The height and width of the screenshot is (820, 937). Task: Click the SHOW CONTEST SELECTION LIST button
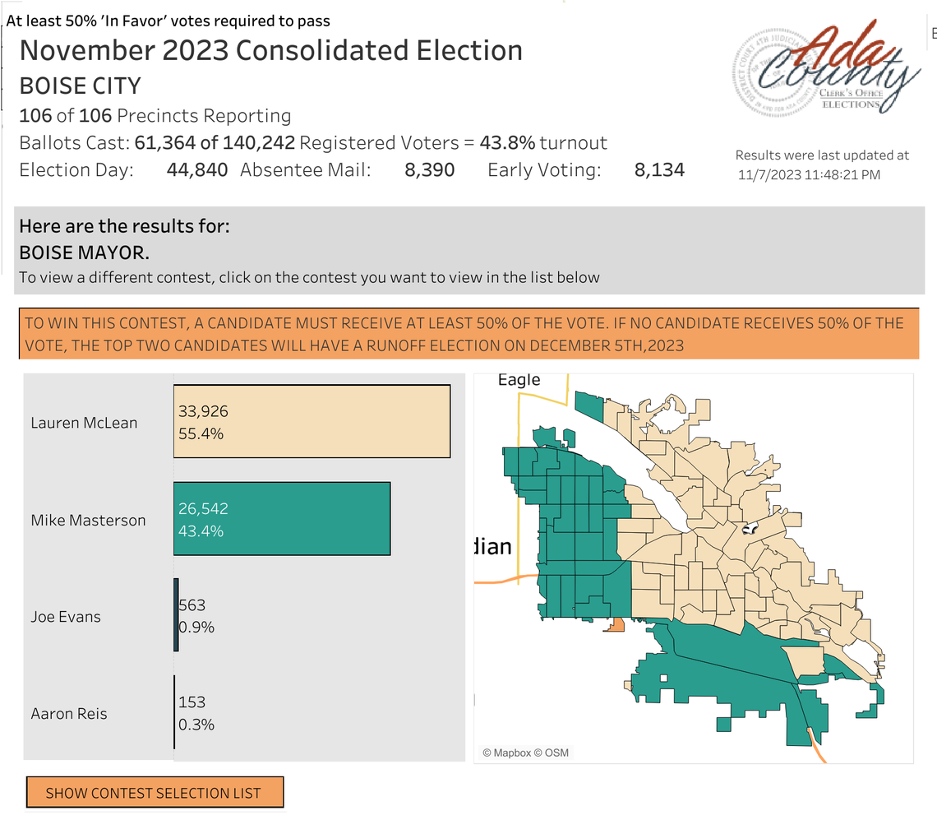[155, 793]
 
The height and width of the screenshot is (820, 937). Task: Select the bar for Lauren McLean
[312, 421]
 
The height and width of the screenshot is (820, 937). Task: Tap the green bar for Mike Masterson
[282, 519]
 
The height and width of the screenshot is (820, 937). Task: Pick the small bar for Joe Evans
[176, 615]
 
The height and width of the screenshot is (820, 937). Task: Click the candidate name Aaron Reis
[69, 713]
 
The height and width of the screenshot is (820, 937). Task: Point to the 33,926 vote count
[203, 410]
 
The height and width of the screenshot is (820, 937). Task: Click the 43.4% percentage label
[201, 530]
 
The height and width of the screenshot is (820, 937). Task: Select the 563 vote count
[192, 605]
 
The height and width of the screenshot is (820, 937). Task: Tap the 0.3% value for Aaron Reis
[196, 725]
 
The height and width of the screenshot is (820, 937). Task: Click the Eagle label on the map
[519, 379]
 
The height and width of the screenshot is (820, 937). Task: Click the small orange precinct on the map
[614, 626]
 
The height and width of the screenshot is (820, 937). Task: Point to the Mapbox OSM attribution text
[525, 753]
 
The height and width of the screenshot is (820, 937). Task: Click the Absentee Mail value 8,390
[429, 170]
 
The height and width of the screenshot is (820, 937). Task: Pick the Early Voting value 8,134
[659, 170]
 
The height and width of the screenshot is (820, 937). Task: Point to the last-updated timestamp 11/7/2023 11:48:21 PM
[810, 174]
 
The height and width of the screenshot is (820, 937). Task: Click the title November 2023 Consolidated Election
[270, 50]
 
